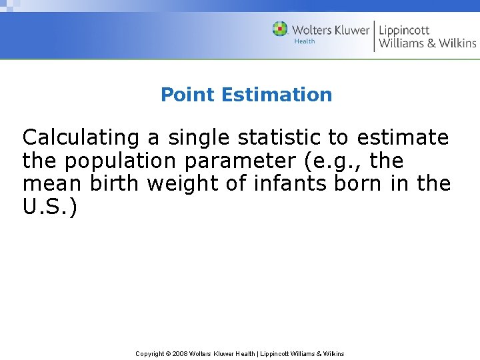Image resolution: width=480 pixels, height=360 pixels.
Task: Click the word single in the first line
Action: pyautogui.click(x=197, y=138)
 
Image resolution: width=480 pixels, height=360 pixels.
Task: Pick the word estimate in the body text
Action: pyautogui.click(x=403, y=138)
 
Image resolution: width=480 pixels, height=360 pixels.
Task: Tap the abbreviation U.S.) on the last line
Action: pyautogui.click(x=50, y=207)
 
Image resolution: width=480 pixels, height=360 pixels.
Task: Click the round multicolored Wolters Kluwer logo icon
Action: pyautogui.click(x=280, y=29)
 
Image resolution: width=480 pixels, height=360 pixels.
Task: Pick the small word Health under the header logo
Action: pyautogui.click(x=305, y=41)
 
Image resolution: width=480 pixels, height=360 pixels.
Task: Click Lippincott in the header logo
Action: pyautogui.click(x=404, y=30)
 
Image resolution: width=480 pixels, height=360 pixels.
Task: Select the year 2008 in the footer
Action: pyautogui.click(x=180, y=353)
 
